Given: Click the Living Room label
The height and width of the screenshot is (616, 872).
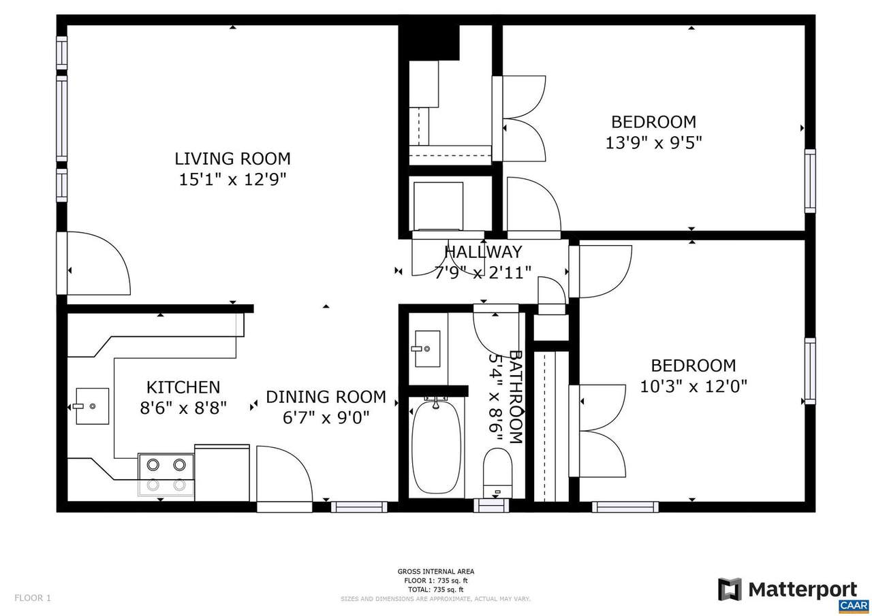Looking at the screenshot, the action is coord(232,159).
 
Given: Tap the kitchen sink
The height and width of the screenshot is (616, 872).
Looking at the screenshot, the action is coord(92,406).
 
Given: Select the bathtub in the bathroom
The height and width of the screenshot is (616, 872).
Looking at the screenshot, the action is coord(437,447).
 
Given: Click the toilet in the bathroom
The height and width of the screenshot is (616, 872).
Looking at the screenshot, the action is coord(497,472).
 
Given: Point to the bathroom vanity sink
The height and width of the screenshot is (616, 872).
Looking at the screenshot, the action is coord(427,348).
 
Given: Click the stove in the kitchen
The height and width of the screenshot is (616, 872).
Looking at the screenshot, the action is coord(166,475).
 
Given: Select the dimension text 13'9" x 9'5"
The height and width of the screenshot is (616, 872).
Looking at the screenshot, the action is coord(653,143).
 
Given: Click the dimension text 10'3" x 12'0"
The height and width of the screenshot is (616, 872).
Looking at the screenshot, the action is coord(694,387).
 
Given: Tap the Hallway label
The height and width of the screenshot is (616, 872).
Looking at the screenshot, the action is coord(483,252).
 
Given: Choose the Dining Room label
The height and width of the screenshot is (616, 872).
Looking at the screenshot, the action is coord(326,397).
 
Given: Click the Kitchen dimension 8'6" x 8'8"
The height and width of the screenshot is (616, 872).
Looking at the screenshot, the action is coord(183,408).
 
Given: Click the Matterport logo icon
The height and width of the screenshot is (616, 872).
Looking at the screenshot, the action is coord(730,589).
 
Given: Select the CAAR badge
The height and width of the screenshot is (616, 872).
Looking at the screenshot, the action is coord(854,606).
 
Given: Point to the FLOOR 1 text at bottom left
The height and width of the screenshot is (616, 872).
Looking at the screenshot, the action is coord(33,598).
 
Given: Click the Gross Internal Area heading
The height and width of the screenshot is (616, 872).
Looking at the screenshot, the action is coord(435,571).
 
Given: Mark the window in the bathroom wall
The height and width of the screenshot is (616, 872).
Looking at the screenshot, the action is coord(491,506).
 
